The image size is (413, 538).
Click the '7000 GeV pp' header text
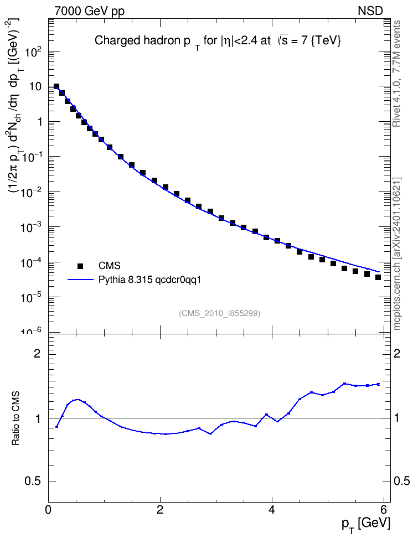(89, 11)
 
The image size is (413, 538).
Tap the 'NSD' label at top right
(370, 11)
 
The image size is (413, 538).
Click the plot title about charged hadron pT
(218, 42)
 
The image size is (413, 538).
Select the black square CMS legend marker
(80, 266)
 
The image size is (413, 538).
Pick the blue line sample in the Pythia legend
(80, 280)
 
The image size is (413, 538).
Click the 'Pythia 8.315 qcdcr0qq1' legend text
(149, 280)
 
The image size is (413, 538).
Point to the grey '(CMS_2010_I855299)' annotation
(220, 313)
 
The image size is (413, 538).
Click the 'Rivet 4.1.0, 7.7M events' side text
(396, 74)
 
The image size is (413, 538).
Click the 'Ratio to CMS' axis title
(16, 418)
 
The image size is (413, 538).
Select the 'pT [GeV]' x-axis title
(366, 525)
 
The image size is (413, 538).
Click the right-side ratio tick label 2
(397, 354)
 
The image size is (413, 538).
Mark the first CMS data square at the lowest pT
(56, 86)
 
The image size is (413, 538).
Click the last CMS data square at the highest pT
(378, 277)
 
